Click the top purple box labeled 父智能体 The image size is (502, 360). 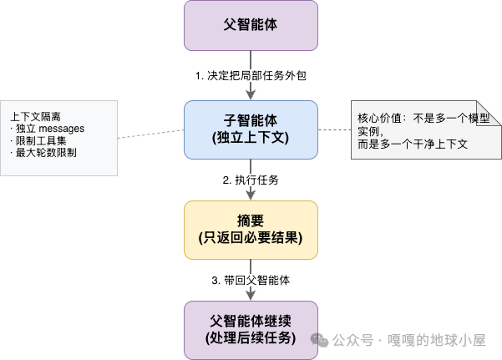click(x=251, y=25)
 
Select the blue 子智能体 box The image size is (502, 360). click(x=251, y=129)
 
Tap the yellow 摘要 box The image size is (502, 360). click(x=251, y=229)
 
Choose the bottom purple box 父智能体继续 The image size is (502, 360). click(x=251, y=329)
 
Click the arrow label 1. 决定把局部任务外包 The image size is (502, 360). click(x=251, y=76)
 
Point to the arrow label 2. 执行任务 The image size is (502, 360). click(x=251, y=180)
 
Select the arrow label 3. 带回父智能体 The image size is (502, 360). click(x=251, y=280)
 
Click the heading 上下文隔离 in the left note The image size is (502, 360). click(x=34, y=116)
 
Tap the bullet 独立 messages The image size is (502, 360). click(x=48, y=129)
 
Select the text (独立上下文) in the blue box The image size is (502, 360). click(x=251, y=138)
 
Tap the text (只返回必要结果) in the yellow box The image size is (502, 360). click(x=251, y=238)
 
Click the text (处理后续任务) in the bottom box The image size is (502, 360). click(x=251, y=337)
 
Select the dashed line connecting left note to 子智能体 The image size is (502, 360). click(x=150, y=133)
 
